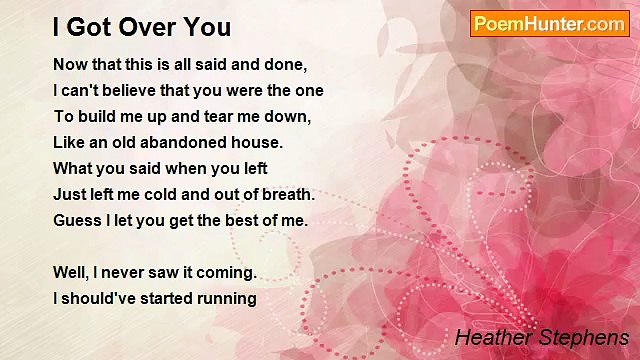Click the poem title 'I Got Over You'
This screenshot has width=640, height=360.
click(142, 26)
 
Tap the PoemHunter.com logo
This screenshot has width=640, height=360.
click(549, 24)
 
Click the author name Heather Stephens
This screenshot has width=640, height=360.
click(541, 337)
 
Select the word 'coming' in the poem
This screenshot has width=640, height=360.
click(227, 272)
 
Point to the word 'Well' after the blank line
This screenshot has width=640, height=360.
click(70, 272)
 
